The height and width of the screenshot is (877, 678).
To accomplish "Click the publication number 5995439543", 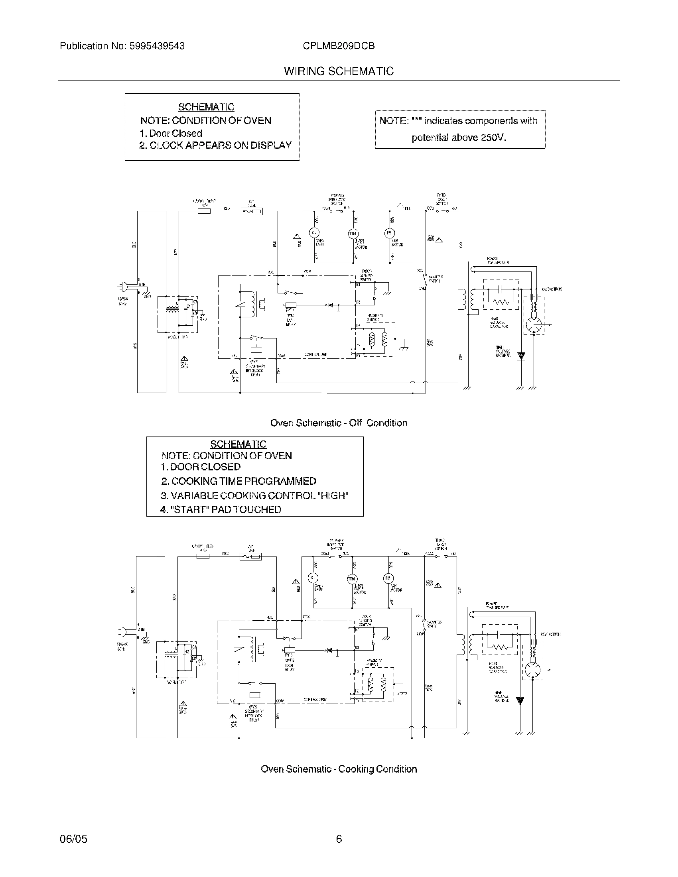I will coord(157,46).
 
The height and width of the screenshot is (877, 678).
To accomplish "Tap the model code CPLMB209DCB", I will coord(339,46).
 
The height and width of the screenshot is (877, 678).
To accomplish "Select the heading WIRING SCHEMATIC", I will coord(339,71).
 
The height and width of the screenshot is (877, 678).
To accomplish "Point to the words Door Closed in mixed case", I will coord(175,133).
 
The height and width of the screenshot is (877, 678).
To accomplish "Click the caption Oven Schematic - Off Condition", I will coord(339,423).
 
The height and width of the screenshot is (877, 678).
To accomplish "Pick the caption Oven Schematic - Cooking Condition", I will coord(339,769).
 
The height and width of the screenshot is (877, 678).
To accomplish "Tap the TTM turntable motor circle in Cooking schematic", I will coord(351,579).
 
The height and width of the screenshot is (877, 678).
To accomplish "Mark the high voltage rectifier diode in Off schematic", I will coord(521,356).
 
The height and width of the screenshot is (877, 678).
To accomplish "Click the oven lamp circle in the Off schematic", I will coord(314,233).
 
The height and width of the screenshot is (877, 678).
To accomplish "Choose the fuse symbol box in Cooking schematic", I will coord(250,556).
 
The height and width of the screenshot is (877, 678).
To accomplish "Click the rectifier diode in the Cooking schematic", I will coord(520,701).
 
